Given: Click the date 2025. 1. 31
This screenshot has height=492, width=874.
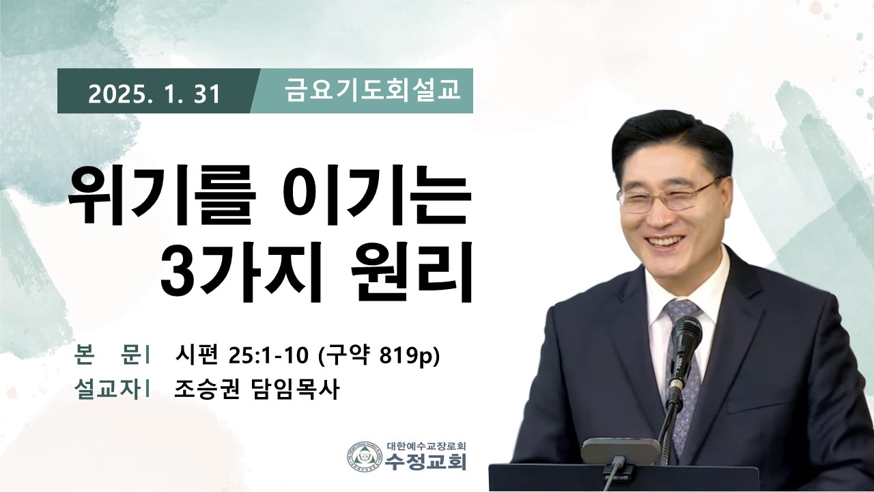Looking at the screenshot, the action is point(154,94).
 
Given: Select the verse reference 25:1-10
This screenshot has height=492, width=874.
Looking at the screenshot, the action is point(269,356).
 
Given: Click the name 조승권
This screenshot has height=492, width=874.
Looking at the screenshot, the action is point(206,389).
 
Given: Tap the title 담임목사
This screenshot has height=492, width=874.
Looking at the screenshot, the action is point(294,389).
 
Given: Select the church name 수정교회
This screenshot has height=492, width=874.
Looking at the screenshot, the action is point(425,461).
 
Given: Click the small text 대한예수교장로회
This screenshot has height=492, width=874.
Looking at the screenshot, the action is point(427,446).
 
